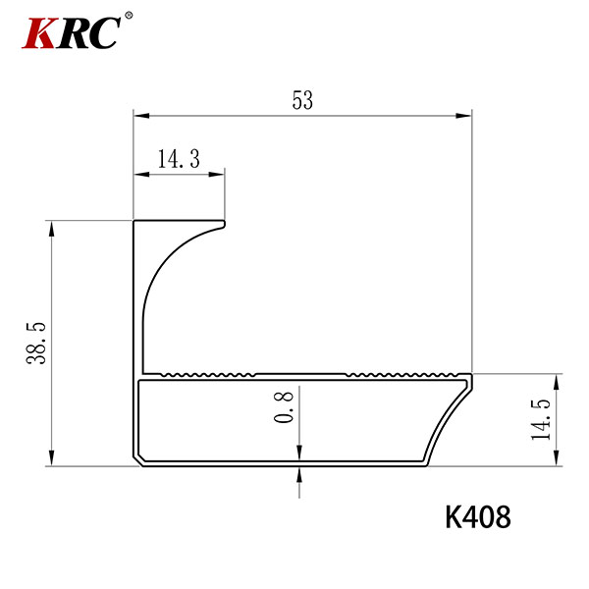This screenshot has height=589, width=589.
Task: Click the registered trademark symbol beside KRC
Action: click(129, 16)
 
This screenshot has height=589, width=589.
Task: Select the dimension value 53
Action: click(302, 100)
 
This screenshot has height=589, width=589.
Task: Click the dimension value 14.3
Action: click(179, 158)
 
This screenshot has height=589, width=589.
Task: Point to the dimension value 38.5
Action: click(36, 343)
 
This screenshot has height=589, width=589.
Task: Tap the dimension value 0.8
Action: click(284, 407)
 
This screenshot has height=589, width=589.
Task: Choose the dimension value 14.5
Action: click(541, 419)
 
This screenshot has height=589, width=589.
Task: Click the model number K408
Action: click(478, 517)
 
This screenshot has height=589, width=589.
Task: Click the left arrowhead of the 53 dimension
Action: click(141, 115)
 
